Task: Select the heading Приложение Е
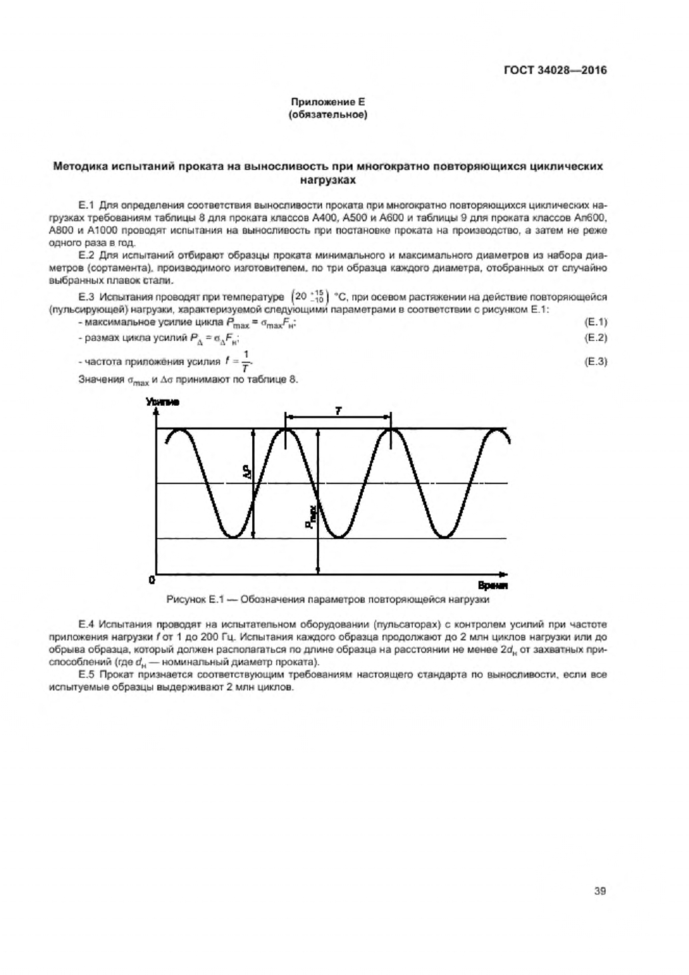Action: pyautogui.click(x=327, y=102)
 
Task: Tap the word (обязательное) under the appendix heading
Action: pyautogui.click(x=327, y=115)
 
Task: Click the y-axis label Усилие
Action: pyautogui.click(x=162, y=402)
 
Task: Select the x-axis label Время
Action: pyautogui.click(x=494, y=585)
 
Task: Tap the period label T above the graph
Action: pyautogui.click(x=337, y=411)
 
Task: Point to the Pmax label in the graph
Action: pyautogui.click(x=311, y=517)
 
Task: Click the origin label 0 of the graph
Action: pyautogui.click(x=152, y=579)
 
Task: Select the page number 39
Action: pyautogui.click(x=600, y=890)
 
